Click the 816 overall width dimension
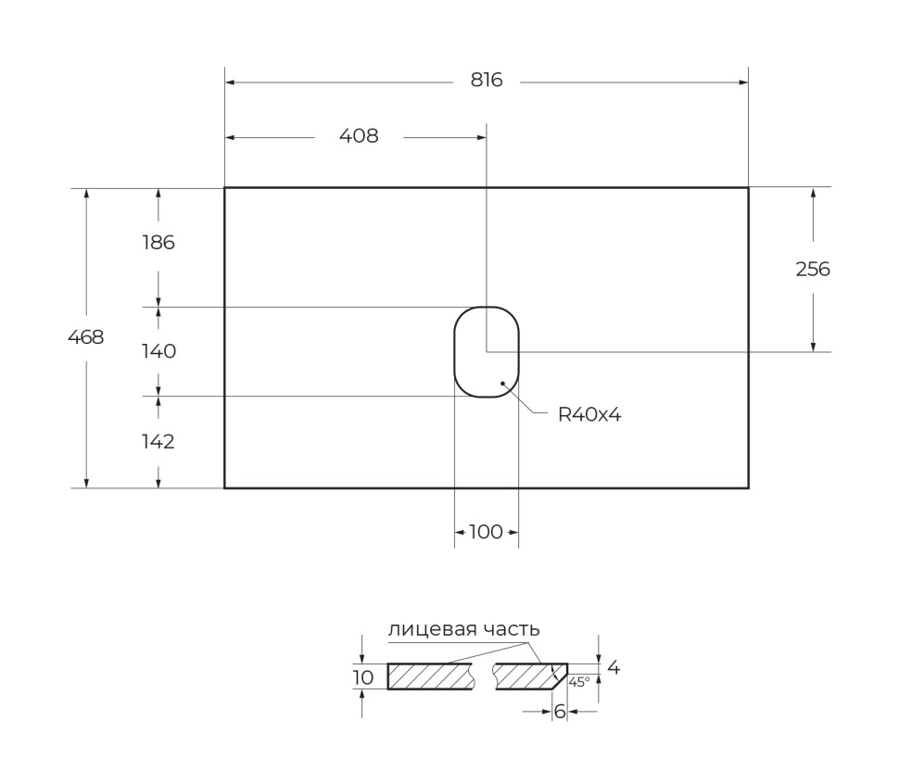click(486, 81)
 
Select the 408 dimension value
click(359, 136)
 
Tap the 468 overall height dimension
click(86, 337)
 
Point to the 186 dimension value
click(158, 243)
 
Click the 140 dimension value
click(158, 351)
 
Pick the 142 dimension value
click(158, 442)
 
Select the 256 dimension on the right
click(813, 270)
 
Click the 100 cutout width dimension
click(486, 532)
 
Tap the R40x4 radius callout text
click(589, 415)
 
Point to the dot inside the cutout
click(502, 382)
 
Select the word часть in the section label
click(513, 630)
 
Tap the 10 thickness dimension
click(363, 677)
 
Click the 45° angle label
click(579, 681)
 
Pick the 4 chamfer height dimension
click(614, 667)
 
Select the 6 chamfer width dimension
click(560, 712)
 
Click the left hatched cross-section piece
click(430, 676)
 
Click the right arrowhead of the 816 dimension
click(743, 82)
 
